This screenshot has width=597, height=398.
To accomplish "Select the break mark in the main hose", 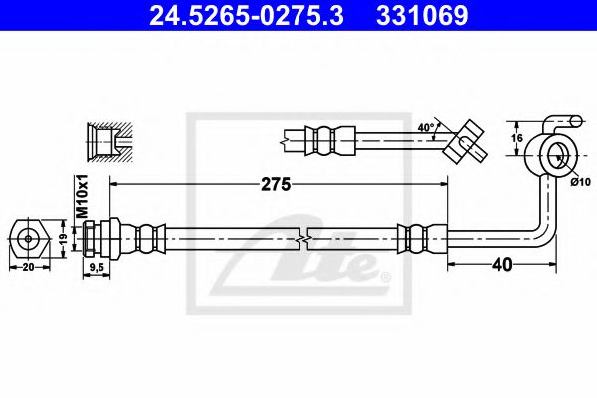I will pyautogui.click(x=302, y=239).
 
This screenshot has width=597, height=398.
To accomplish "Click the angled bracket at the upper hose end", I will pyautogui.click(x=465, y=140).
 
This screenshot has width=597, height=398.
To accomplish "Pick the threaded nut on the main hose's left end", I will pyautogui.click(x=105, y=238).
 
